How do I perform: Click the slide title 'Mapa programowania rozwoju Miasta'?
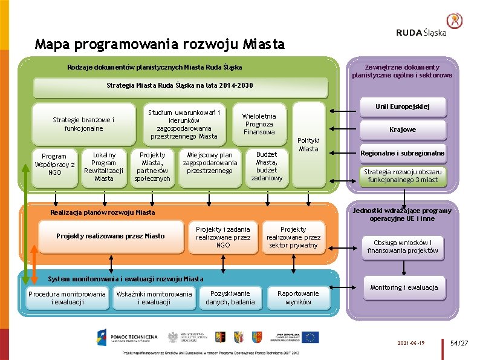click(x=160, y=44)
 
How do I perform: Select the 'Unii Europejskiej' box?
click(x=402, y=107)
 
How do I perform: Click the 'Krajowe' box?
click(x=402, y=129)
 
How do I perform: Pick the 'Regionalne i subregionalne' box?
click(x=402, y=153)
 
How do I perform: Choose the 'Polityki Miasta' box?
click(x=308, y=145)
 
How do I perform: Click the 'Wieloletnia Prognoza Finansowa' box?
click(x=259, y=124)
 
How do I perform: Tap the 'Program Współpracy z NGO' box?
click(x=54, y=164)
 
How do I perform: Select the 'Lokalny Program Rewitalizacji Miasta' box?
click(x=103, y=166)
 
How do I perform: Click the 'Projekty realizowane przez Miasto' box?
click(x=110, y=236)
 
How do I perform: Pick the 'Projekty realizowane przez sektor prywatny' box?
click(x=293, y=237)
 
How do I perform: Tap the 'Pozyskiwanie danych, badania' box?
click(x=230, y=298)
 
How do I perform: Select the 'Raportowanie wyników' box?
click(x=298, y=298)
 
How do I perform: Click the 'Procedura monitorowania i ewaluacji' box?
click(x=67, y=298)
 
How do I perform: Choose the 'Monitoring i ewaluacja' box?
click(x=404, y=287)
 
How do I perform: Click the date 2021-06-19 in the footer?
click(x=411, y=343)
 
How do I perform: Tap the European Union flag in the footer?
click(x=311, y=338)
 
